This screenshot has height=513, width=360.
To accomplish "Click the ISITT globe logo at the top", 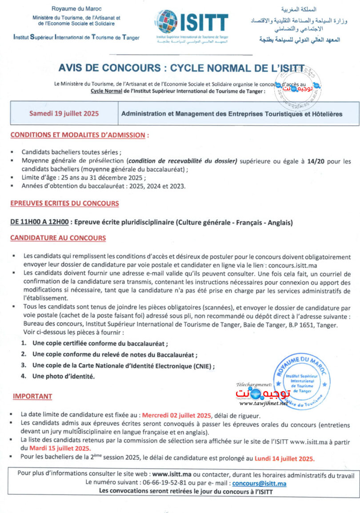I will pos(168,22).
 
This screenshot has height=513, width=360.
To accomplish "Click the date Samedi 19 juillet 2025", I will pos(64,113).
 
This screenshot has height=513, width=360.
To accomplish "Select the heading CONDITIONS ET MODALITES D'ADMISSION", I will pos(80,135).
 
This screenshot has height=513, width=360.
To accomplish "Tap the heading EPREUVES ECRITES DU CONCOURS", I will pos(64,203).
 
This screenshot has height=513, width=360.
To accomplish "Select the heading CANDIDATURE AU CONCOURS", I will pos(58,238).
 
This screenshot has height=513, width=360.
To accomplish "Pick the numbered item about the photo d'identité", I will pos(64,376).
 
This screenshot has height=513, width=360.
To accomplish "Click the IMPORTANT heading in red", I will pos(32,396).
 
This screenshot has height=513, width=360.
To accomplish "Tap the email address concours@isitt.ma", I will pos(259,483).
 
